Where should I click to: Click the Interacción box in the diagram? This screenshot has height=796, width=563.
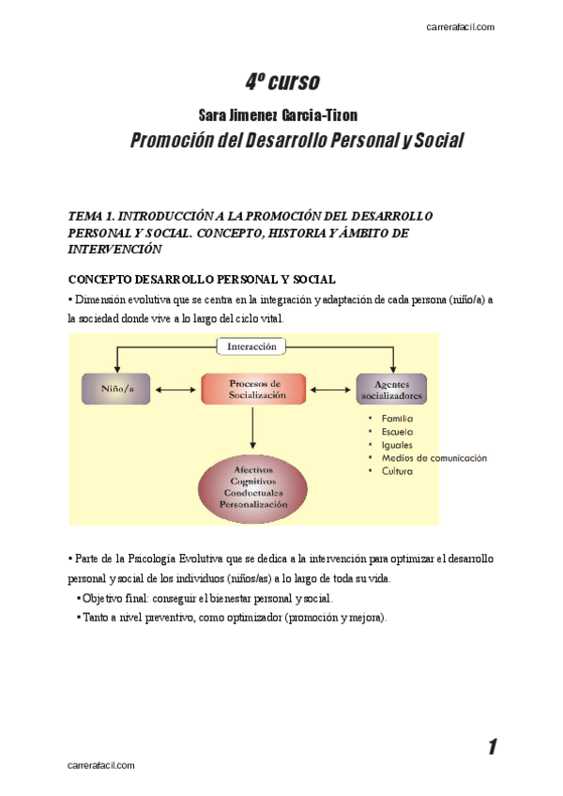[x=252, y=346]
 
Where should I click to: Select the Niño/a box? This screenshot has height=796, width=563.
[x=117, y=389]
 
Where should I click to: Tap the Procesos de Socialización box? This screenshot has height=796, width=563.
[x=254, y=390]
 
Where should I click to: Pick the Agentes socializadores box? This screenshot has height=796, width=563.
[x=391, y=390]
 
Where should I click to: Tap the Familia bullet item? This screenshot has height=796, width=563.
[x=397, y=418]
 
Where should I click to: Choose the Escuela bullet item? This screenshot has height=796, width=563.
[x=397, y=431]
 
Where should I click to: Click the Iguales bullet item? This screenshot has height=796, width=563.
[x=396, y=444]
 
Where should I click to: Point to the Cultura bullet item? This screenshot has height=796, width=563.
[x=396, y=471]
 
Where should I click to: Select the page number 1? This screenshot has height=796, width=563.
[x=492, y=747]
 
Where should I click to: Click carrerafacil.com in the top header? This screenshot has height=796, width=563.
[x=460, y=27]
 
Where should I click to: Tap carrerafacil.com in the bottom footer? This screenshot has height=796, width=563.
[x=101, y=766]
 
